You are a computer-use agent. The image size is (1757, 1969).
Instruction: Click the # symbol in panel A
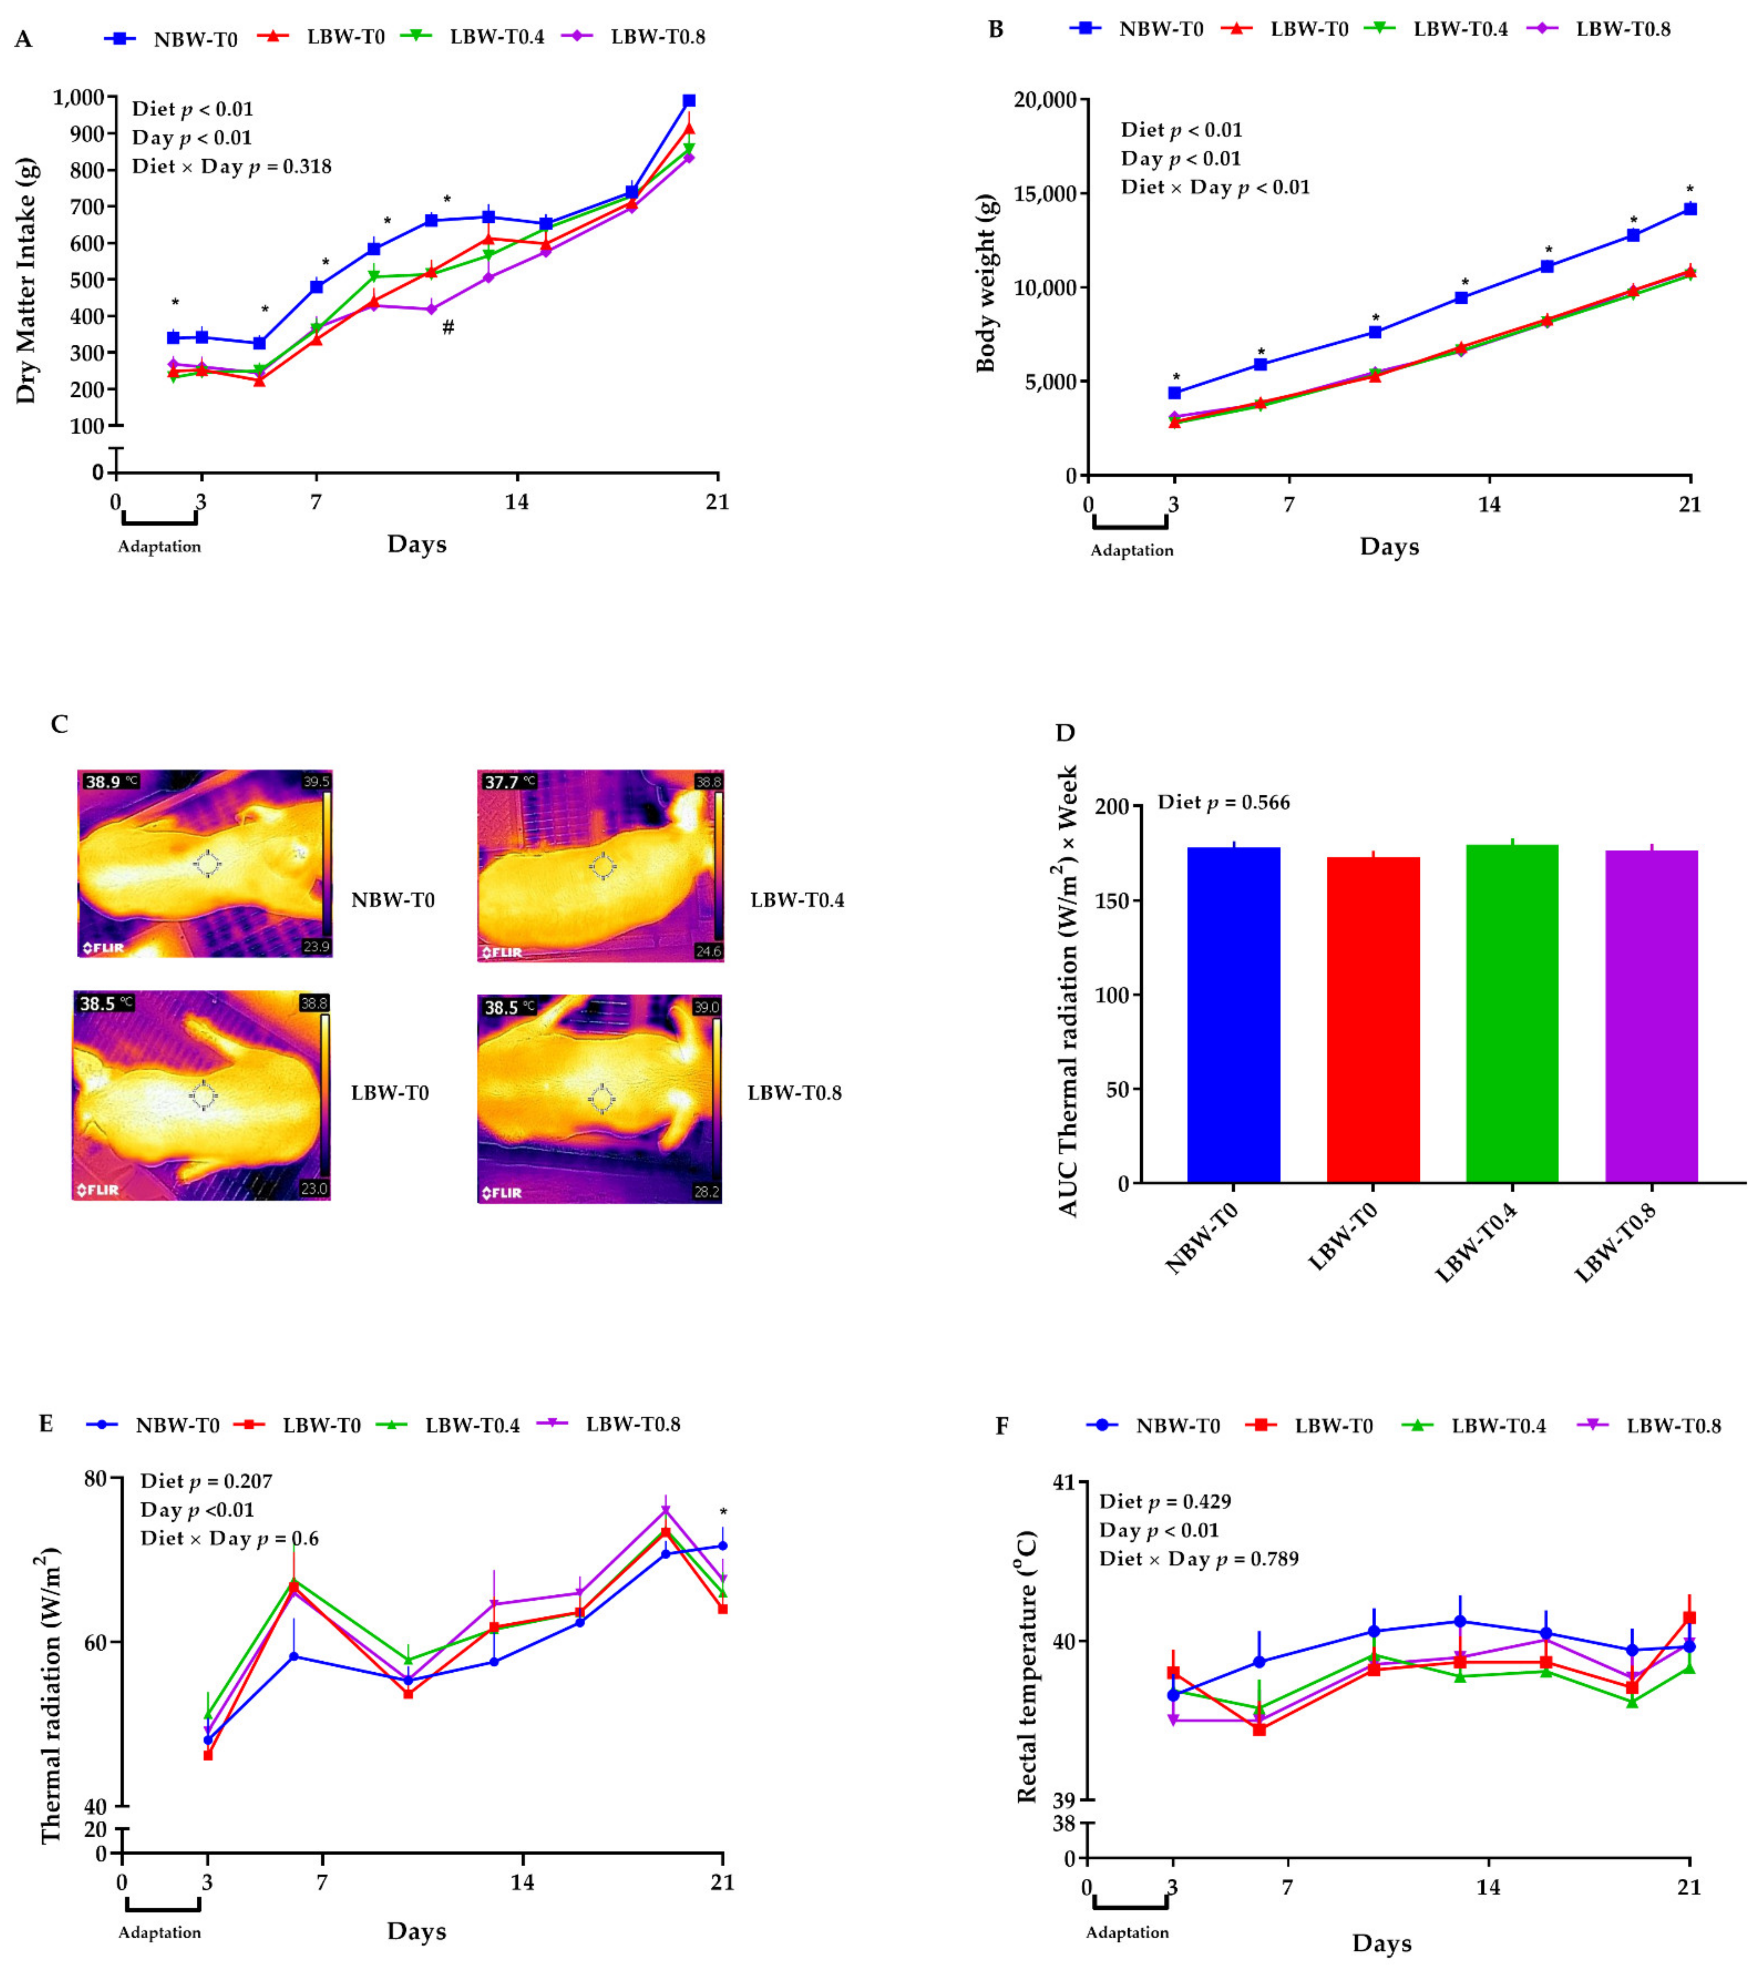coord(448,327)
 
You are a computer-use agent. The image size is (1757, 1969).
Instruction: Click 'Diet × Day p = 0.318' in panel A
coord(232,167)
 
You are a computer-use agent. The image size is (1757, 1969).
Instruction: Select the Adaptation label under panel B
coord(1131,550)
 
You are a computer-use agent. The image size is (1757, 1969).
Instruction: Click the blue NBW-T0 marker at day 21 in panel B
coord(1690,209)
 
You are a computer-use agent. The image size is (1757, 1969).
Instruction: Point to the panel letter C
coord(60,724)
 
